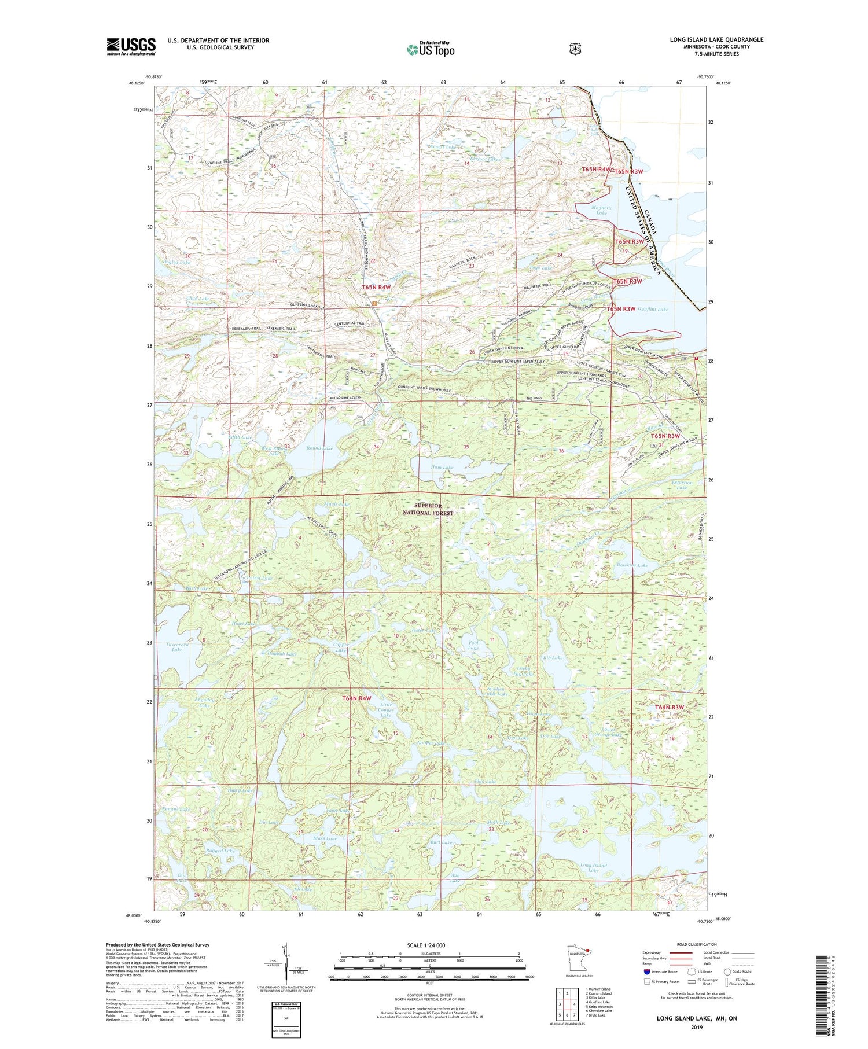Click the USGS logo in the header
(x=131, y=46)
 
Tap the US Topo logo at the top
(x=431, y=50)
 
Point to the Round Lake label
(x=319, y=448)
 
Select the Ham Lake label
(x=442, y=467)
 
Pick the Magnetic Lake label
(x=601, y=211)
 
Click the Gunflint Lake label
(x=653, y=310)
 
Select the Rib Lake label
(x=553, y=658)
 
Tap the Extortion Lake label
(x=682, y=485)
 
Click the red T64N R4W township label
(x=356, y=698)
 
